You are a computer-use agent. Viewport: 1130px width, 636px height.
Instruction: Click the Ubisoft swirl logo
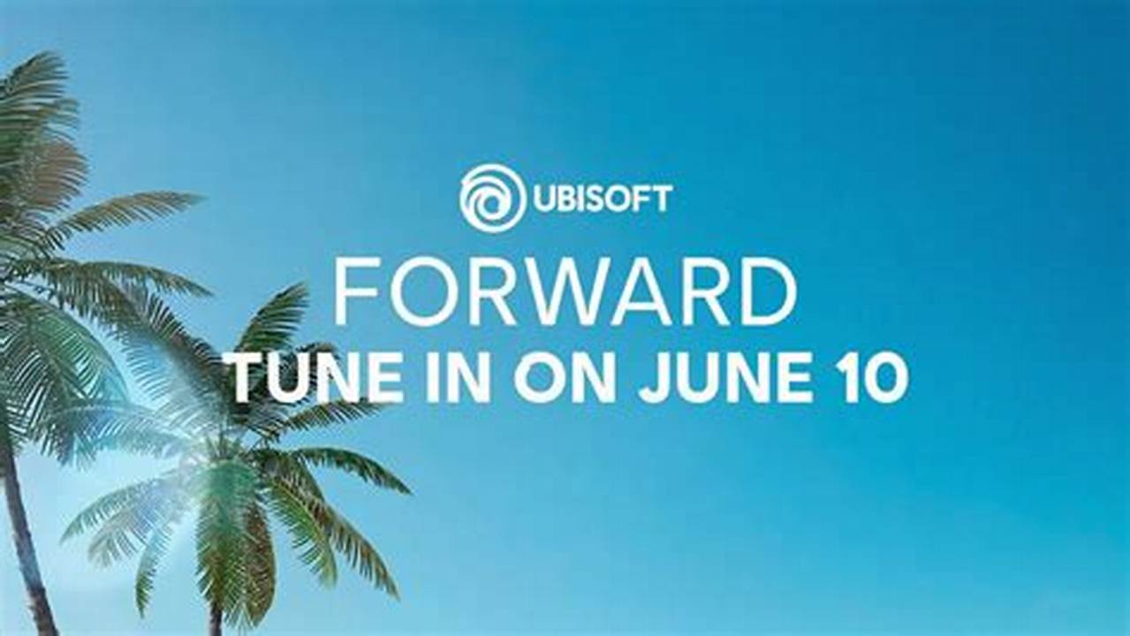point(492,198)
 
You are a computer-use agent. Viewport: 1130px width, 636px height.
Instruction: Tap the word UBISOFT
point(602,199)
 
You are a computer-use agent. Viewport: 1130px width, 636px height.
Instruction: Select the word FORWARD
point(565,292)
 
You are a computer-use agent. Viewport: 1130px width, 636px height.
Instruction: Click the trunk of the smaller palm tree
point(215,609)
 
